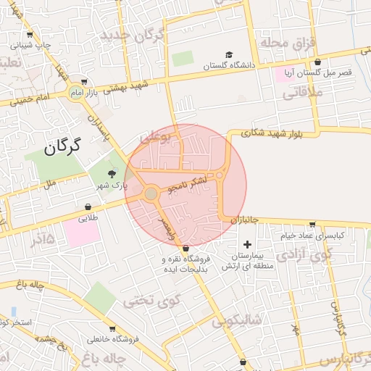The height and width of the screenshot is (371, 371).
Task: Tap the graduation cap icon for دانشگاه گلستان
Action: (230, 55)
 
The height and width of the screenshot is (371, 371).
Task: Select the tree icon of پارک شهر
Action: (111, 174)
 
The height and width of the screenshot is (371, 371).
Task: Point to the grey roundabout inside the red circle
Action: (151, 194)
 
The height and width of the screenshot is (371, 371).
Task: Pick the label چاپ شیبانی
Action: (31, 45)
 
